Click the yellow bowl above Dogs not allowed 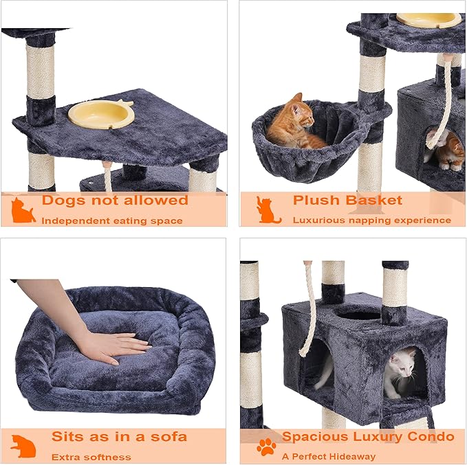point(101,114)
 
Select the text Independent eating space point(111,220)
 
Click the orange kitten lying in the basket point(294,125)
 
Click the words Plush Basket point(347,201)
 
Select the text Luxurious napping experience point(371,220)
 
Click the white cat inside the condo point(402,371)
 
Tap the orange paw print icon point(265,447)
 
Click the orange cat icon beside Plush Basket point(268,210)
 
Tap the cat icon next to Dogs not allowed point(23,210)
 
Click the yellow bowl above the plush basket point(428,19)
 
